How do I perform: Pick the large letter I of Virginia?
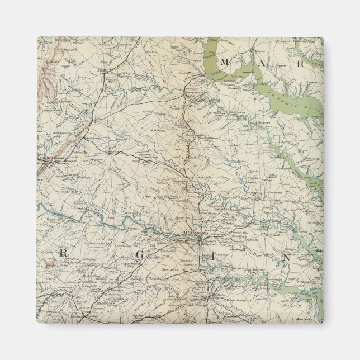coord(213,257)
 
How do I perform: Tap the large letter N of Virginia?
coord(285,259)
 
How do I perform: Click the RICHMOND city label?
coord(195,233)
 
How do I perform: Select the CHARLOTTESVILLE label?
coord(53,159)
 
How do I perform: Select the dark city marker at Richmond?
coord(200,239)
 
